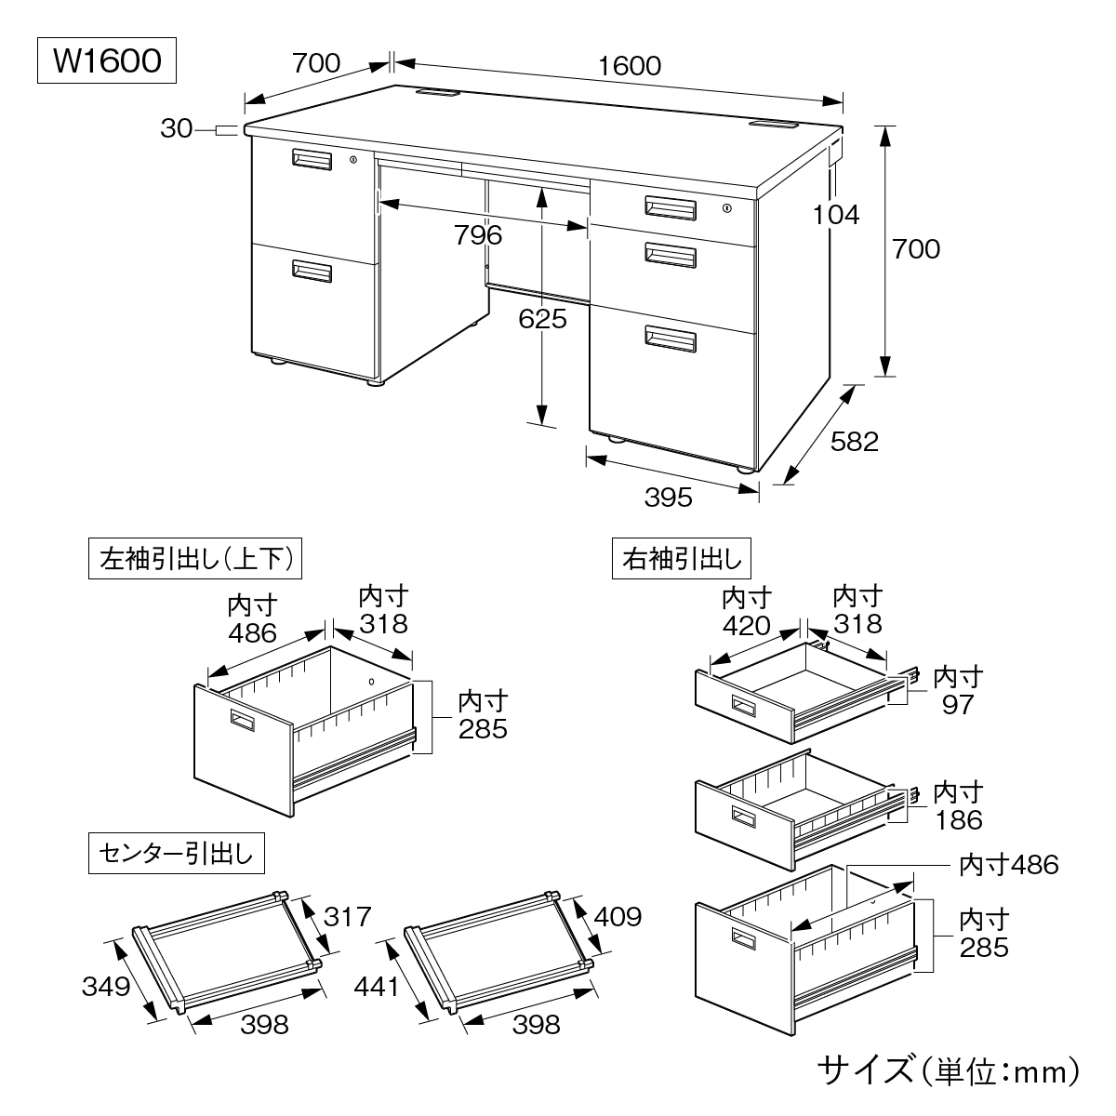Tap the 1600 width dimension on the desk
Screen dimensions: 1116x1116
click(x=630, y=65)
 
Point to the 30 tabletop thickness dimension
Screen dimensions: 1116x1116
click(x=176, y=129)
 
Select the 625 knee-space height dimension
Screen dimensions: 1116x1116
click(x=543, y=319)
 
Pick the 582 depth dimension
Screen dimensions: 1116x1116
click(x=854, y=441)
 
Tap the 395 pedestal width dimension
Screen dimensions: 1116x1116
click(x=669, y=498)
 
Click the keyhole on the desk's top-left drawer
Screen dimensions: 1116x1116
click(x=353, y=161)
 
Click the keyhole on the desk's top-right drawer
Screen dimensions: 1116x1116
click(x=726, y=208)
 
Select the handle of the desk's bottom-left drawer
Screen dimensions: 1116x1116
click(x=312, y=271)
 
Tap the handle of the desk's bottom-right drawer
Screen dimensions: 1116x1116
click(x=671, y=339)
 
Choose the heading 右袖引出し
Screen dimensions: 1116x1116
click(x=682, y=559)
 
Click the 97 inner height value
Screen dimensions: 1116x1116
click(x=957, y=704)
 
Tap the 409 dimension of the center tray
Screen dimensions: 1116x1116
click(x=616, y=917)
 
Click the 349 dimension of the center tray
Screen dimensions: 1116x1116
click(x=104, y=985)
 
